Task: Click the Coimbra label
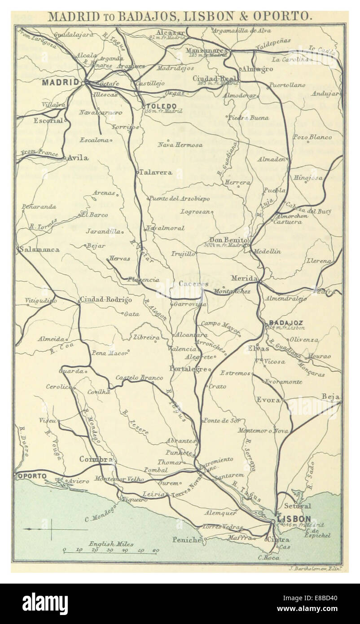coord(95,459)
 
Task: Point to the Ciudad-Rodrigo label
coord(106,299)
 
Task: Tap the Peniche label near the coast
coord(186,540)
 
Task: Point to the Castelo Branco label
coord(139,378)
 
